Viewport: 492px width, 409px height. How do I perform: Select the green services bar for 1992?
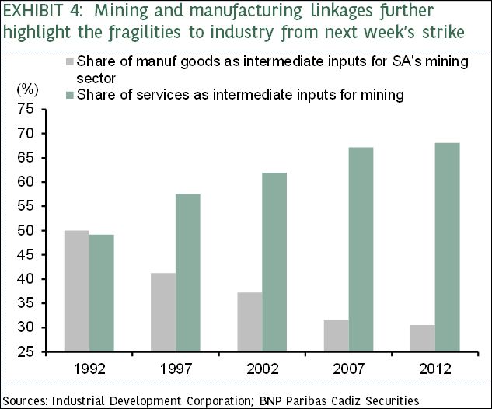coord(102,293)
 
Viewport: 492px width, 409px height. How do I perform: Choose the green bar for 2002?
coord(274,262)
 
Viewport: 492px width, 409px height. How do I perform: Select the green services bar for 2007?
coord(361,250)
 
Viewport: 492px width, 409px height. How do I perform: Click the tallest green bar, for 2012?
coord(447,247)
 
